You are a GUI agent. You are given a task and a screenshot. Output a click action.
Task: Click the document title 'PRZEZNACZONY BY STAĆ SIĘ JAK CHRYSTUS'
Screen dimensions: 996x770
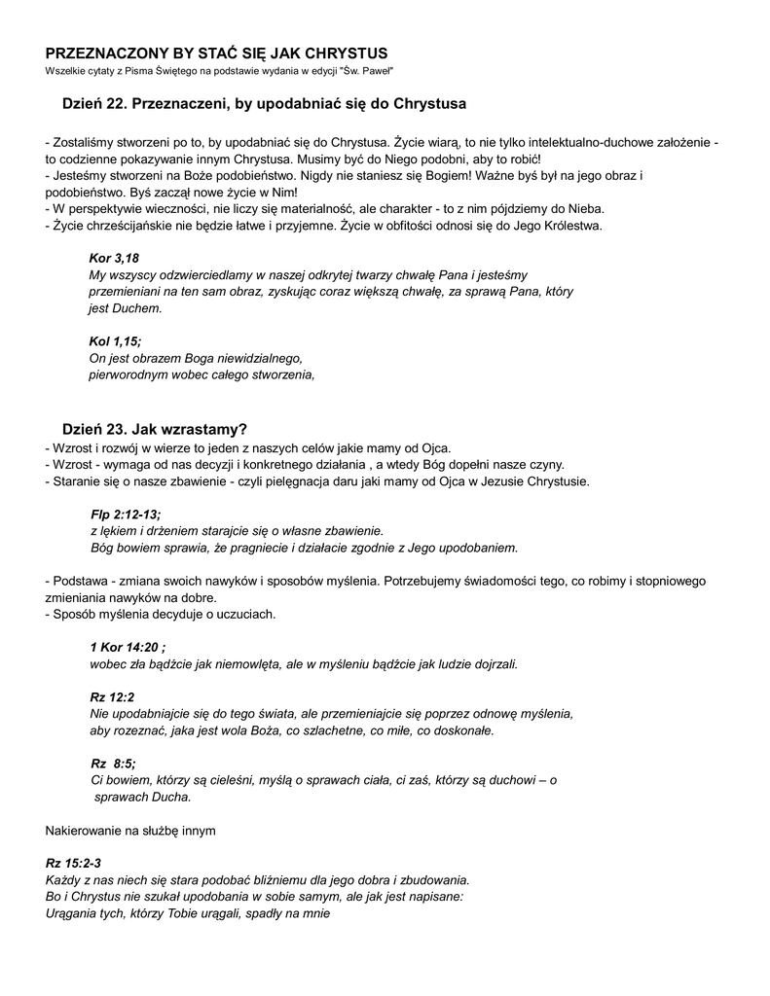(x=217, y=53)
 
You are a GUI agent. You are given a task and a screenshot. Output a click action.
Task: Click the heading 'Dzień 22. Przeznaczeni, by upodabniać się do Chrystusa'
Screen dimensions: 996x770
(x=265, y=103)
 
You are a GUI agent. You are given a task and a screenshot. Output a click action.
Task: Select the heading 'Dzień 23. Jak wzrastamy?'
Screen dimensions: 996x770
(x=155, y=429)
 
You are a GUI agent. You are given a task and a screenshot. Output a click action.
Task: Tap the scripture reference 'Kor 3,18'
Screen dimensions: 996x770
(x=114, y=258)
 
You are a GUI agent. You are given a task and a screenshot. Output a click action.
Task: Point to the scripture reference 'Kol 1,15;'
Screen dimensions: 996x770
(x=115, y=340)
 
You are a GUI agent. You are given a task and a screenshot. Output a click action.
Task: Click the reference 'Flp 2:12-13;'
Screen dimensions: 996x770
(x=126, y=514)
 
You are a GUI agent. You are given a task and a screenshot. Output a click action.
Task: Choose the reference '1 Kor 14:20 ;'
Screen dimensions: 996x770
(x=128, y=648)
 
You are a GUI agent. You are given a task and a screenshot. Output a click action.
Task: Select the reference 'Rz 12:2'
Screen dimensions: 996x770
(x=112, y=696)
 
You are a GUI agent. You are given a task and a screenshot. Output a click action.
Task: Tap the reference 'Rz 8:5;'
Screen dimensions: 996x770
(x=113, y=763)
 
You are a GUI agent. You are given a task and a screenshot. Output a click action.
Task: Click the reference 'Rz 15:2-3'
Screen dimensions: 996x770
(x=73, y=863)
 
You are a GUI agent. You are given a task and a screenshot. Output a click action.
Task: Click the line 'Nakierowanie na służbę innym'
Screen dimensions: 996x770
(x=130, y=831)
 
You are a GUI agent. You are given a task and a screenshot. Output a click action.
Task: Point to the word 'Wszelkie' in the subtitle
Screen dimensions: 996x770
(x=63, y=72)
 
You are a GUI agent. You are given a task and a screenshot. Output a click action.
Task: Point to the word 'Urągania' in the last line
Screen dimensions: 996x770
(x=70, y=913)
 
